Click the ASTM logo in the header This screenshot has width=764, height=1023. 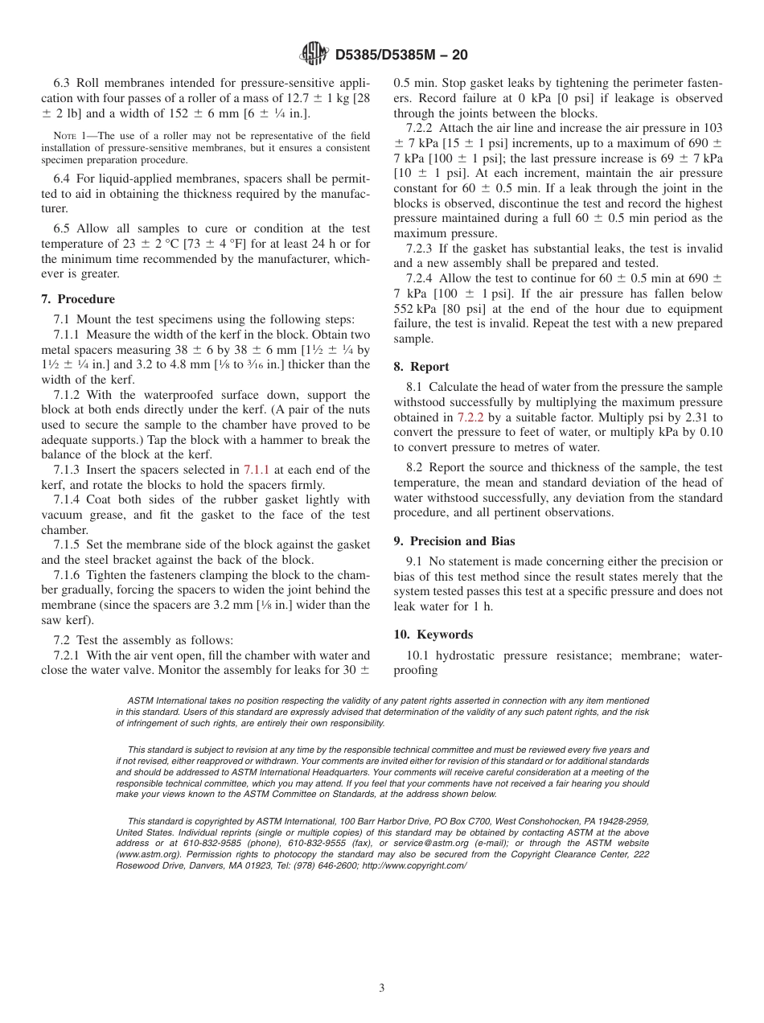(x=314, y=55)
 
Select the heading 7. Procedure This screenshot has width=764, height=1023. (x=78, y=299)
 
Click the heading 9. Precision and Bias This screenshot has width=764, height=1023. (x=454, y=541)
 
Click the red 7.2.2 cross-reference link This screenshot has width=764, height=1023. (x=470, y=417)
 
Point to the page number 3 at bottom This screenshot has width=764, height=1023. (x=382, y=988)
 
